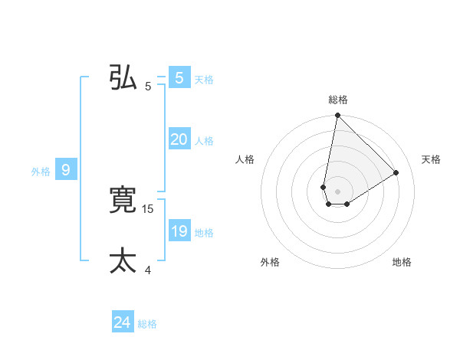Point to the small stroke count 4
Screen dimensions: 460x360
click(148, 270)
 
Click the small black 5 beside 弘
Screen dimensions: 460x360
click(148, 87)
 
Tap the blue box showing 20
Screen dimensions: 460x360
click(179, 139)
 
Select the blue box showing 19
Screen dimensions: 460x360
click(179, 231)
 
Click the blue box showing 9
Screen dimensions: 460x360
click(66, 170)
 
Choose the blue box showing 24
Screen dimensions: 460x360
click(123, 322)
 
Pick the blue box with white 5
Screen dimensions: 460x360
click(179, 78)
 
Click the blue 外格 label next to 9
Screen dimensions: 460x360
click(41, 172)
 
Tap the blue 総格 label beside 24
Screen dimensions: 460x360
click(147, 324)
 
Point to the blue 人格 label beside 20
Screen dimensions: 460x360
click(204, 141)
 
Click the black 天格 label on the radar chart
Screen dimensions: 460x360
click(431, 159)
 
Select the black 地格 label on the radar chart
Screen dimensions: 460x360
click(402, 262)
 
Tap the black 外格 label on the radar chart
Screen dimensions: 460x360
click(270, 262)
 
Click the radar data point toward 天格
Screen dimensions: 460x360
click(396, 172)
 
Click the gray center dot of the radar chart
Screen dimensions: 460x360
click(337, 191)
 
